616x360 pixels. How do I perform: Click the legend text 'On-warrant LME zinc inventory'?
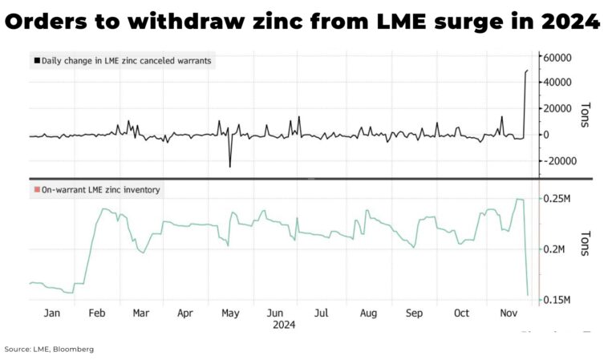(x=101, y=190)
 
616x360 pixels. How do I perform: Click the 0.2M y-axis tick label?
(x=552, y=249)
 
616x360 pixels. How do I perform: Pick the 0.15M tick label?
(x=553, y=301)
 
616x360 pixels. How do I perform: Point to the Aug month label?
(x=368, y=313)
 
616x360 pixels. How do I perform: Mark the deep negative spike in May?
(x=230, y=167)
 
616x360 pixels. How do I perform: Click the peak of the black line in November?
(x=527, y=71)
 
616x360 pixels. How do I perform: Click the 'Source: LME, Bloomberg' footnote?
(x=48, y=350)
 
